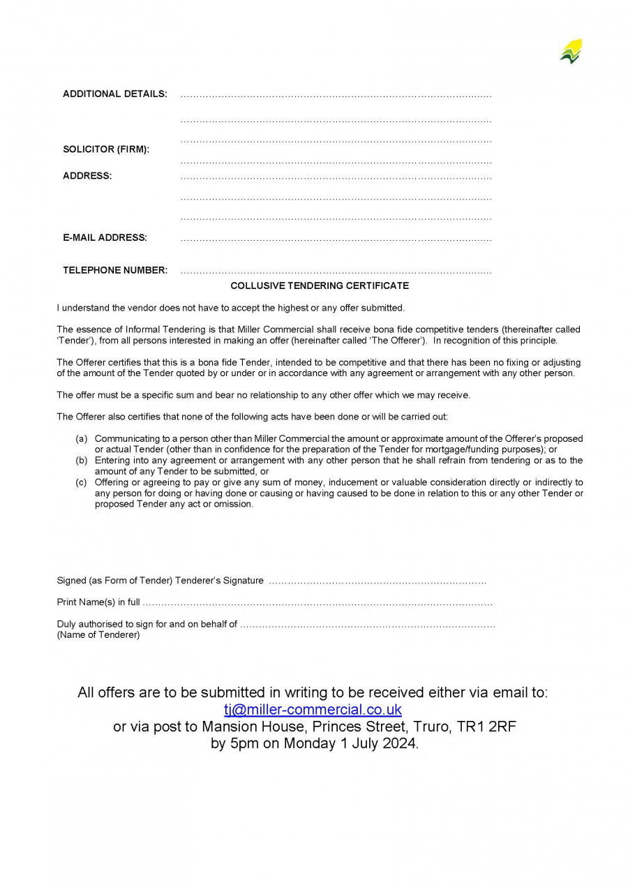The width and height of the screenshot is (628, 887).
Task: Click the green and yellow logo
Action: pyautogui.click(x=571, y=52)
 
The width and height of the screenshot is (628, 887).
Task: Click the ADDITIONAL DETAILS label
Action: pyautogui.click(x=115, y=94)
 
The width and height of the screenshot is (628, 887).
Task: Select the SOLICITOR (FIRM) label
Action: pyautogui.click(x=106, y=149)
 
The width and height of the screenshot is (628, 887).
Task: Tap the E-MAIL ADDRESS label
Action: pyautogui.click(x=105, y=238)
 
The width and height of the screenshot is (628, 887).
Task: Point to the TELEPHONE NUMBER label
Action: pyautogui.click(x=115, y=271)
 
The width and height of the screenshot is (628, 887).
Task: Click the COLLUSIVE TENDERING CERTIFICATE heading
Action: pyautogui.click(x=320, y=286)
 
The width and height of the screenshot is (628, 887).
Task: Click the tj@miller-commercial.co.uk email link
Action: pyautogui.click(x=313, y=710)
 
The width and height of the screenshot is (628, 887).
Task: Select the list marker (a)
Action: pyautogui.click(x=82, y=439)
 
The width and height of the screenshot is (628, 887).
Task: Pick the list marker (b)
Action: pyautogui.click(x=82, y=461)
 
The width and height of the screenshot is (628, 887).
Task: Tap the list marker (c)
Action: pyautogui.click(x=82, y=482)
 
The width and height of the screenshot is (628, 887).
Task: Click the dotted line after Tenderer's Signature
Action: pyautogui.click(x=377, y=581)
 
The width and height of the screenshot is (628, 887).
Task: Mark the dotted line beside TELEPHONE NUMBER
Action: pyautogui.click(x=336, y=271)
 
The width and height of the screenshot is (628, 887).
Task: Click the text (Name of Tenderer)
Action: pyautogui.click(x=98, y=635)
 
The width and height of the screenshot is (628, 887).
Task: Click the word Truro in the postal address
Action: pyautogui.click(x=428, y=726)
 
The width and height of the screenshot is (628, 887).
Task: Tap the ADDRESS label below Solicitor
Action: pyautogui.click(x=87, y=176)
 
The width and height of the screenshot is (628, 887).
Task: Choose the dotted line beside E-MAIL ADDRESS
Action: pyautogui.click(x=336, y=239)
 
